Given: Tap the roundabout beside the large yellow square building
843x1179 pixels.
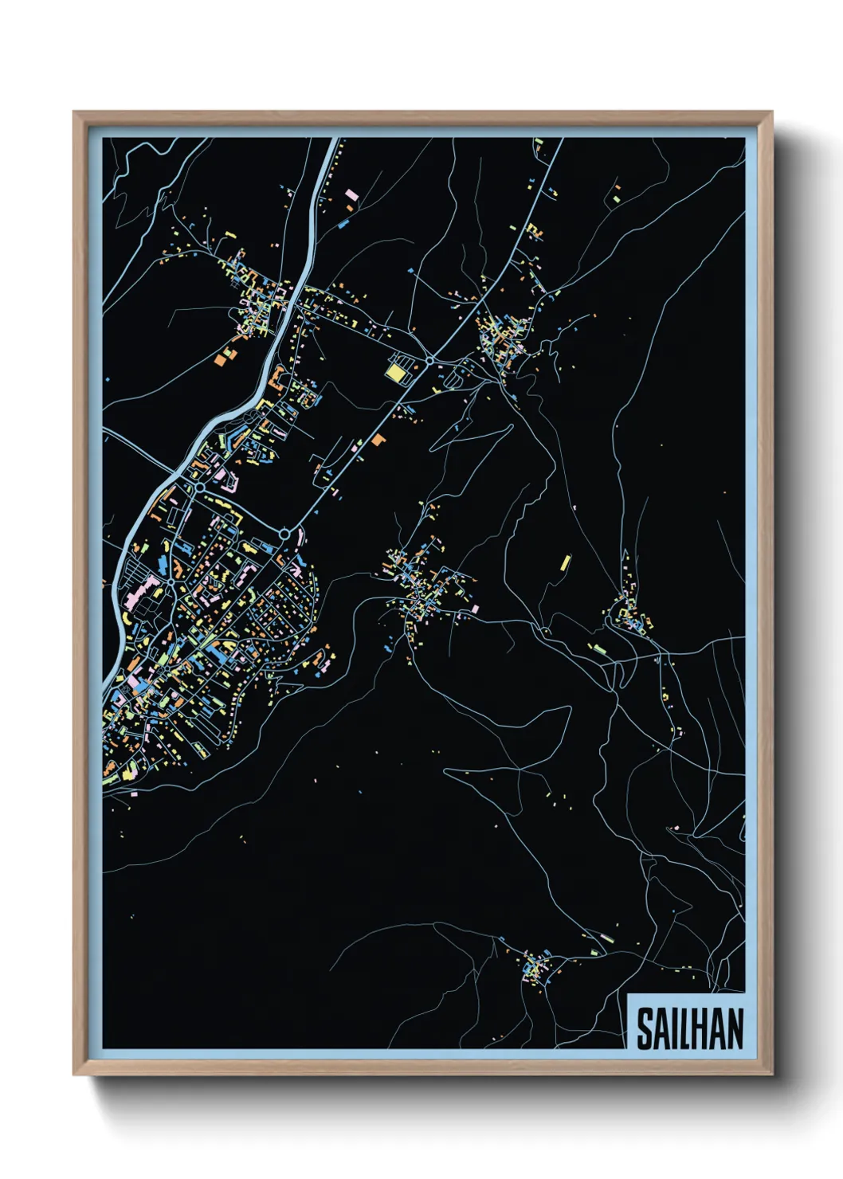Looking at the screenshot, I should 429,361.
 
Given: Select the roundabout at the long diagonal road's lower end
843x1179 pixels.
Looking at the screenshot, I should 284,533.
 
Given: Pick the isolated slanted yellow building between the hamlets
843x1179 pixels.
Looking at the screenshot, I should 565,562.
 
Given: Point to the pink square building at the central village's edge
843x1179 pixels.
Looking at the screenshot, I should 476,609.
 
